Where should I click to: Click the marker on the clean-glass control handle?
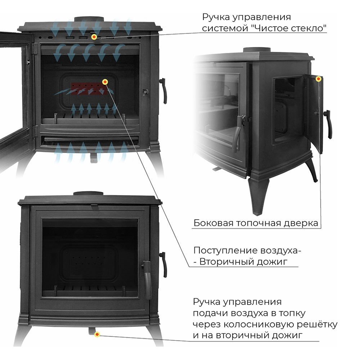[94, 37]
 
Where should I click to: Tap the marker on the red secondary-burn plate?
[105, 82]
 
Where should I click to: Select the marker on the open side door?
[318, 79]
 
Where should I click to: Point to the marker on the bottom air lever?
[97, 334]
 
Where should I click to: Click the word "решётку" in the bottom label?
[317, 324]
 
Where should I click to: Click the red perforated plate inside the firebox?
[89, 89]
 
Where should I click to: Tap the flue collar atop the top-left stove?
[89, 19]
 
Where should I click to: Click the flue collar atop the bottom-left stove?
[89, 193]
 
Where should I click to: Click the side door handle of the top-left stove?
[163, 91]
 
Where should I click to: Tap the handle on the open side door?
[328, 124]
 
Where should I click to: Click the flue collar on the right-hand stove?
[257, 50]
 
